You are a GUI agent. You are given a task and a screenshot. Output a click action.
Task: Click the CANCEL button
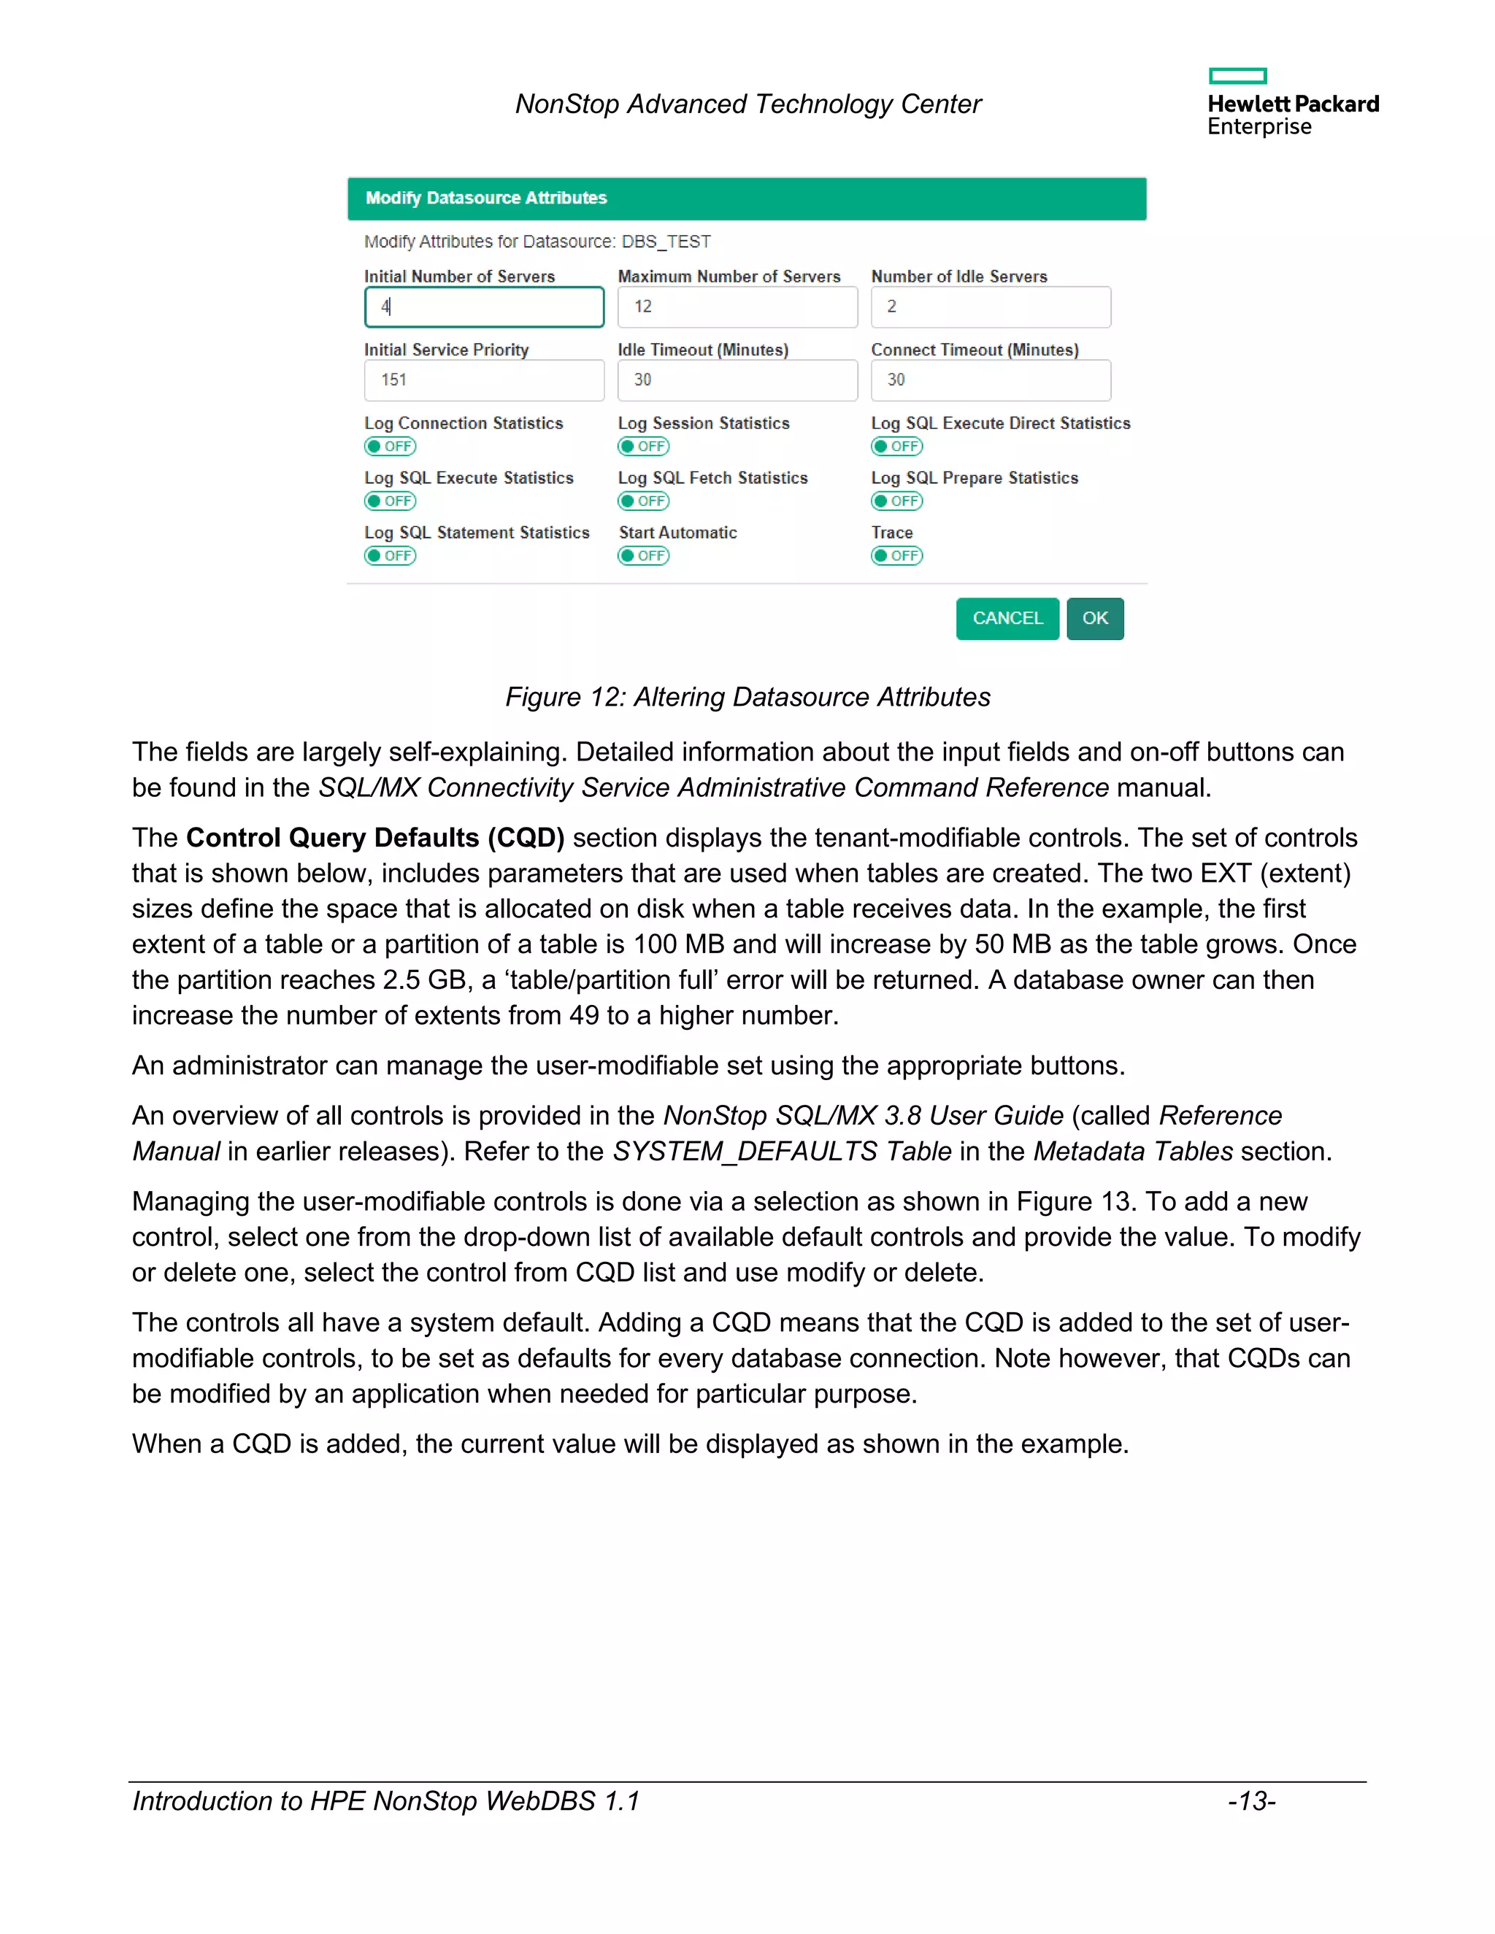tap(1007, 618)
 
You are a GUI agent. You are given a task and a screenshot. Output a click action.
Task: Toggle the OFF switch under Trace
tap(896, 555)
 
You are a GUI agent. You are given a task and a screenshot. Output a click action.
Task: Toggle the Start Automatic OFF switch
tap(643, 555)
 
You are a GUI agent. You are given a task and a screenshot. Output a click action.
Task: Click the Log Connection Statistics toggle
tap(390, 447)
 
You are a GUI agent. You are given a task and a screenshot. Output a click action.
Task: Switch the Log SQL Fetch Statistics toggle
tap(643, 501)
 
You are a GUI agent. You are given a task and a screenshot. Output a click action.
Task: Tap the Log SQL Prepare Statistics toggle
tap(896, 501)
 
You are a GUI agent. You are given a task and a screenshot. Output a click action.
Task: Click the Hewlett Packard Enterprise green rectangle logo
tap(1237, 76)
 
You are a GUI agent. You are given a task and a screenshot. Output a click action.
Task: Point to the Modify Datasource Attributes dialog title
tap(486, 199)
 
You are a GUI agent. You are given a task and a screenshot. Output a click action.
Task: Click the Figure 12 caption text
tap(747, 697)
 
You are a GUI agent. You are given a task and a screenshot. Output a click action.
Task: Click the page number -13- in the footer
tap(1250, 1801)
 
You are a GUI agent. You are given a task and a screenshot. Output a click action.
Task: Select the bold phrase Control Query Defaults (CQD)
tap(374, 838)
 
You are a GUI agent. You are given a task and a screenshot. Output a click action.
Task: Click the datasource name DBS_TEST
tap(666, 242)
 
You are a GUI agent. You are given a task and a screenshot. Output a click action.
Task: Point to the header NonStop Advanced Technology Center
tap(747, 104)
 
